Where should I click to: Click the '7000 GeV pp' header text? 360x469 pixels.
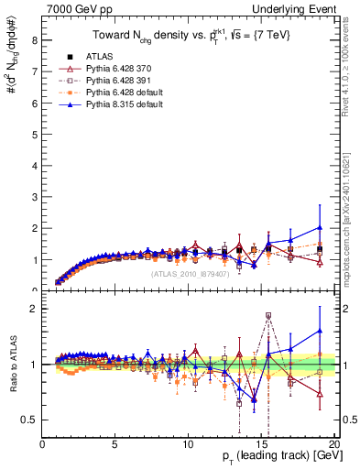click(x=73, y=8)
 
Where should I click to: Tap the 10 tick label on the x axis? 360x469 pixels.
click(x=188, y=445)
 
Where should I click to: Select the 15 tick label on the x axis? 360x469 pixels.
click(x=261, y=445)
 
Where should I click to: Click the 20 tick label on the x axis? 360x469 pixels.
click(x=333, y=445)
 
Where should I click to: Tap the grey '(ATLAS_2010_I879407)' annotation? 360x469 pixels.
click(x=191, y=274)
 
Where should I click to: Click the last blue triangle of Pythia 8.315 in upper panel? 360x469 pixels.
click(x=319, y=227)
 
